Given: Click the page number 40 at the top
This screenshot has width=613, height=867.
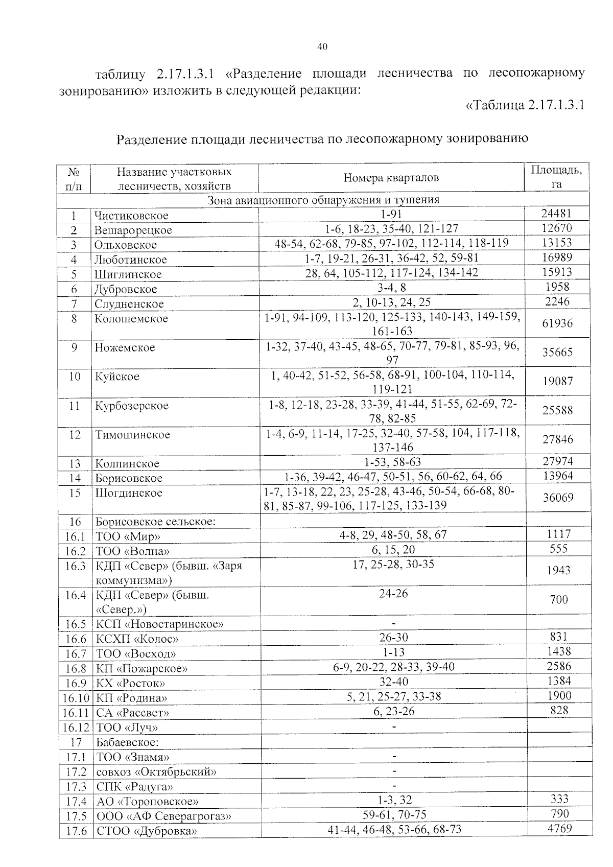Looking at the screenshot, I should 322,47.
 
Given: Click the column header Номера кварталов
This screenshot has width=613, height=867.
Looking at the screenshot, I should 391,178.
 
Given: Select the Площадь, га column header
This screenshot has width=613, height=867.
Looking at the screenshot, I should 556,177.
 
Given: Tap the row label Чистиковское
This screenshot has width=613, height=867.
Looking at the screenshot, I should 131,216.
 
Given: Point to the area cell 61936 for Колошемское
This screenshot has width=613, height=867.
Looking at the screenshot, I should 557,323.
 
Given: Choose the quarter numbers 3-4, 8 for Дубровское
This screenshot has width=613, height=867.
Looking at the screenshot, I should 391,287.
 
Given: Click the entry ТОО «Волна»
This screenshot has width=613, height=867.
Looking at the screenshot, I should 133,551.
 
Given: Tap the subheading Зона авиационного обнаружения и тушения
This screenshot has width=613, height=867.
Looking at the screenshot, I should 323,200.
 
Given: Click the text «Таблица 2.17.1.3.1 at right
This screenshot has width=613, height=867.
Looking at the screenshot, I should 525,106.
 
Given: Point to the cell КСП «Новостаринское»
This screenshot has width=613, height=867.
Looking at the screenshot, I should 160,624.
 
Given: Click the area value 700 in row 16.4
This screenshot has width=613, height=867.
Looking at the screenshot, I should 559,600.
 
